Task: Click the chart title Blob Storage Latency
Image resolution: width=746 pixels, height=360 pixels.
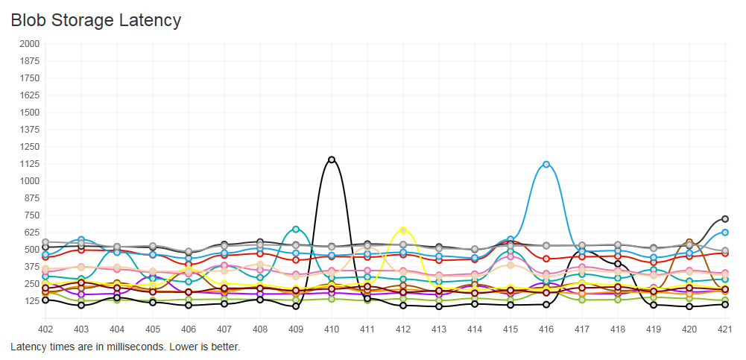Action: [95, 20]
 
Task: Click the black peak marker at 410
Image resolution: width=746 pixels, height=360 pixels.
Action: [332, 160]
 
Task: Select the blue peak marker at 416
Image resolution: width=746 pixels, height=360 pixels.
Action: [546, 164]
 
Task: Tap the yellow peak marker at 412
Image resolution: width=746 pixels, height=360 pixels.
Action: [403, 230]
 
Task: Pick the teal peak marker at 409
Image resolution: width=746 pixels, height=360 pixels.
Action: [296, 229]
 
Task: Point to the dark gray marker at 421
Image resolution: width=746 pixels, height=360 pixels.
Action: [724, 219]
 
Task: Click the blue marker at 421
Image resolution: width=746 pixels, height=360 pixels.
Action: [724, 233]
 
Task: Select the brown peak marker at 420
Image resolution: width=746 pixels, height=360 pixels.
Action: [689, 242]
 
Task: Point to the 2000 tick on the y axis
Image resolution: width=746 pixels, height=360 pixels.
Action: [28, 44]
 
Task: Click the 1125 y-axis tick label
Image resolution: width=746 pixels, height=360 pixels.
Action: [28, 164]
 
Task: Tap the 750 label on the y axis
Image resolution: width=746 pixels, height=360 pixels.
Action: [31, 215]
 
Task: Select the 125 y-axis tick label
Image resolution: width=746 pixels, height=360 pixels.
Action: [31, 301]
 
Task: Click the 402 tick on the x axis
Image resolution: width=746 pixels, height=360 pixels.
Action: [45, 329]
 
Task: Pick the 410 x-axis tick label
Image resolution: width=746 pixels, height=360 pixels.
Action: [332, 329]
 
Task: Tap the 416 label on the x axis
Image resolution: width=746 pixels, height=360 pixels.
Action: [546, 329]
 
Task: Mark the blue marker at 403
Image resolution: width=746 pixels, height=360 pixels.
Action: [81, 240]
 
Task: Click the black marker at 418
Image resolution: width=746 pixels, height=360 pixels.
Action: [618, 264]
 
